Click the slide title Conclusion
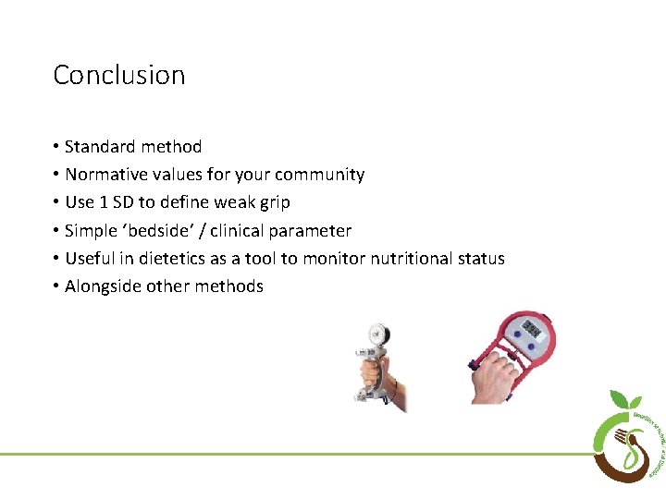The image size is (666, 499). [x=118, y=75]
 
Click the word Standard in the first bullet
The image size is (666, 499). [x=99, y=147]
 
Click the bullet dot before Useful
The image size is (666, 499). [x=56, y=259]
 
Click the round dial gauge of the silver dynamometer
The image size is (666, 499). [x=378, y=334]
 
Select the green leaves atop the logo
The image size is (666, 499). [x=626, y=400]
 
